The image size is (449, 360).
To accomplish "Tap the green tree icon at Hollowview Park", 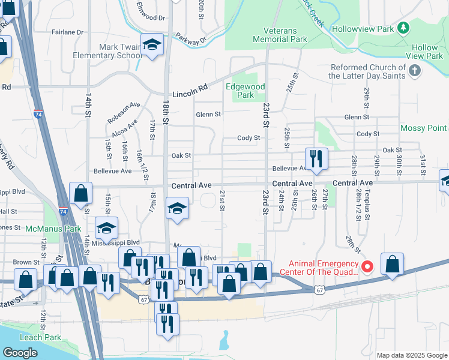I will [405, 28].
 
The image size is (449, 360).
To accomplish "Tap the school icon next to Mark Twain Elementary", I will [152, 44].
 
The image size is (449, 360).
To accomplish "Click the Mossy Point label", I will [423, 128].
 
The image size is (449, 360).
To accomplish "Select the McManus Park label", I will [53, 229].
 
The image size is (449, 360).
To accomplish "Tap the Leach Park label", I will [40, 337].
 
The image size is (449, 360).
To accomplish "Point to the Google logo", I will [20, 352].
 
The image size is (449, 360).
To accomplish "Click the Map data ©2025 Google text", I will [412, 355].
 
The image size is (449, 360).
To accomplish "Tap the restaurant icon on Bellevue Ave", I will [316, 159].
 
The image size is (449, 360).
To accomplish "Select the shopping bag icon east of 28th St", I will [392, 264].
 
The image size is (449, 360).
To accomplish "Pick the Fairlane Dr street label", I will [67, 31].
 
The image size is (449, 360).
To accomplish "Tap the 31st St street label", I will [423, 161].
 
